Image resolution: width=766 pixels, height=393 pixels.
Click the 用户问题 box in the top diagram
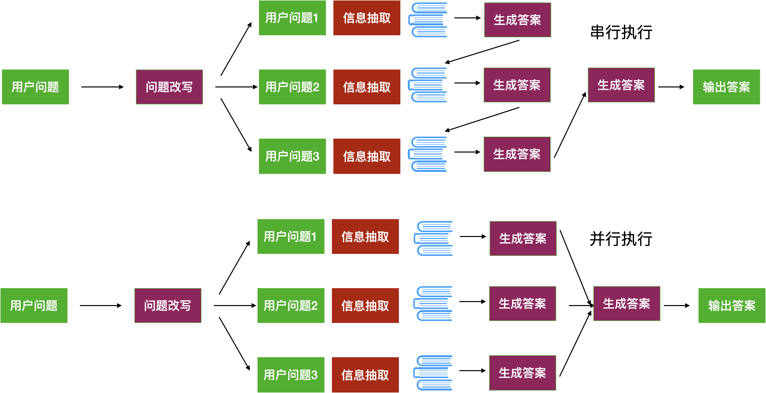pyautogui.click(x=35, y=87)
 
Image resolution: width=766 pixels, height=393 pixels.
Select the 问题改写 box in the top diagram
pyautogui.click(x=169, y=87)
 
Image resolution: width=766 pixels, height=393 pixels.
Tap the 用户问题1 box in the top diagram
pyautogui.click(x=292, y=18)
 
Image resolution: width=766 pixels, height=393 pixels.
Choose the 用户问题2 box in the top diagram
pyautogui.click(x=292, y=87)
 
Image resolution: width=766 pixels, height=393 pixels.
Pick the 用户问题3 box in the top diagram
pyautogui.click(x=292, y=156)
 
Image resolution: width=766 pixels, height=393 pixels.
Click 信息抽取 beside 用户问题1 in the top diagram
pyautogui.click(x=367, y=18)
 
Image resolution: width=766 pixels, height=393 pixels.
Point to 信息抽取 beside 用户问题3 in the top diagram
pyautogui.click(x=367, y=156)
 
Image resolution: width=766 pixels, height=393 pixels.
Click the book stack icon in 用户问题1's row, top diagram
pyautogui.click(x=428, y=20)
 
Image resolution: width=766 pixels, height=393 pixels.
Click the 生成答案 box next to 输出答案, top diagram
pyautogui.click(x=621, y=85)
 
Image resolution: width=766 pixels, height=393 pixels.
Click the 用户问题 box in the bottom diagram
pyautogui.click(x=34, y=306)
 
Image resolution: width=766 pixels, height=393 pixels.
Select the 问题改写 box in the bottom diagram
pyautogui.click(x=168, y=306)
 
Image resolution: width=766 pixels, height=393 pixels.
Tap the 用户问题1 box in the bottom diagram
pyautogui.click(x=291, y=236)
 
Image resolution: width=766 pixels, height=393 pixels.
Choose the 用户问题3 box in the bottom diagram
pyautogui.click(x=291, y=375)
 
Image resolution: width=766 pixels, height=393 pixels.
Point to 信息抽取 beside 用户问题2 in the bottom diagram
pyautogui.click(x=365, y=306)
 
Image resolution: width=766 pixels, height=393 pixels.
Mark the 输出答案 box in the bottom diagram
pyautogui.click(x=732, y=306)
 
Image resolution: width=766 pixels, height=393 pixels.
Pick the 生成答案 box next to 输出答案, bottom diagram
pyautogui.click(x=627, y=303)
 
